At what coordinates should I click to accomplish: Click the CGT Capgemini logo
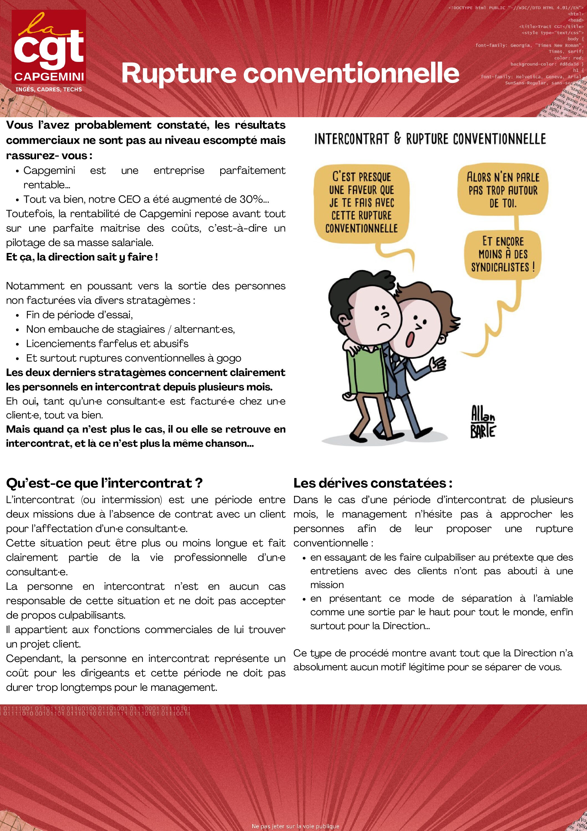tap(49, 47)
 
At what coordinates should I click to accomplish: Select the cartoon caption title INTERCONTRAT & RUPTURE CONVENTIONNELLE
tap(430, 139)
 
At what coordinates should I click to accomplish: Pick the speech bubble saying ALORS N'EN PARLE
tap(503, 190)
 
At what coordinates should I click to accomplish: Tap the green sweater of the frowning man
tap(365, 373)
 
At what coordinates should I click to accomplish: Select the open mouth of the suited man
tap(410, 339)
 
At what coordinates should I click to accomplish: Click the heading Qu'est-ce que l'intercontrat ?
tap(104, 483)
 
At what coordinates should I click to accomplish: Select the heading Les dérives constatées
tap(373, 483)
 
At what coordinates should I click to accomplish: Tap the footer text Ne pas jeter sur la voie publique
tap(295, 826)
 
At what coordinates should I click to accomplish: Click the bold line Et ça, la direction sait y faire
tap(82, 257)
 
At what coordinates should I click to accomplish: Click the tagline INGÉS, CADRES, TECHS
tap(49, 89)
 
